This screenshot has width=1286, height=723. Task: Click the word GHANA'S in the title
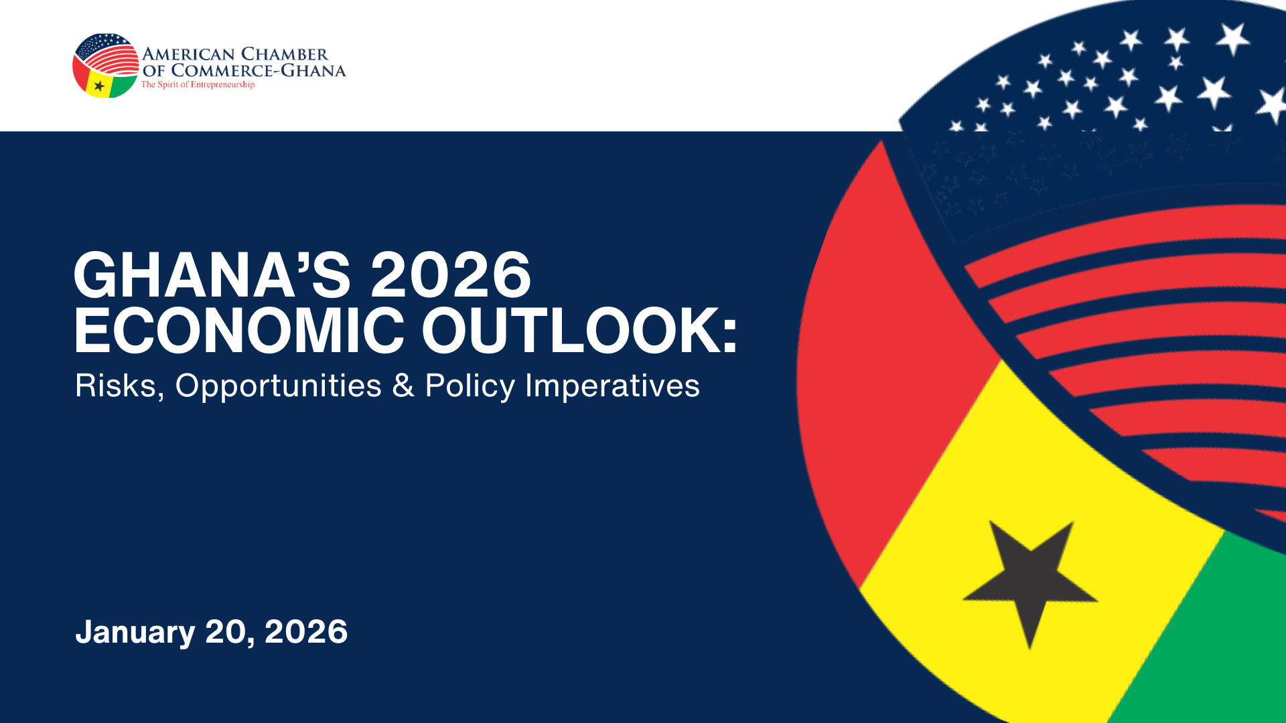212,274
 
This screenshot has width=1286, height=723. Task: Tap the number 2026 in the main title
451,274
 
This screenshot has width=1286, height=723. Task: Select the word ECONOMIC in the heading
239,330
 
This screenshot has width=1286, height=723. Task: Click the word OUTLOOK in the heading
571,330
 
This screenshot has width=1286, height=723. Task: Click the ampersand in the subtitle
403,386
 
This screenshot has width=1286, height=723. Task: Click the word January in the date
135,633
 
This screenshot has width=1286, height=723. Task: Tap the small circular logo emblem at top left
106,66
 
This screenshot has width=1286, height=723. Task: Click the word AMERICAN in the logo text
188,54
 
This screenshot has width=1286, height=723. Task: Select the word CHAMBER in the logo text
285,54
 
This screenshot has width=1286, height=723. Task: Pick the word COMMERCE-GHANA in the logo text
259,70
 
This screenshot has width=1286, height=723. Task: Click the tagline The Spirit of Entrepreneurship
198,85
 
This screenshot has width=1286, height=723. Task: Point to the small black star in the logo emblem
99,86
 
